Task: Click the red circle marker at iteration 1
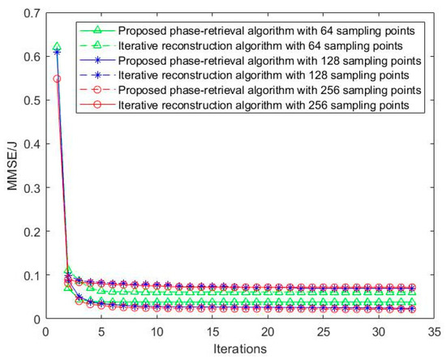tap(56, 79)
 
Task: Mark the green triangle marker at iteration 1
tap(56, 47)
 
